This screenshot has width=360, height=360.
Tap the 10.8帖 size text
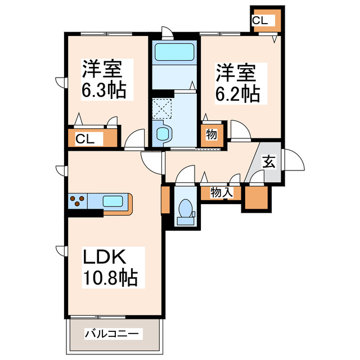click(x=111, y=278)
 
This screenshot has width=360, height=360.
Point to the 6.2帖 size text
click(x=237, y=93)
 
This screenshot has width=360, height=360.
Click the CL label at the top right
click(x=260, y=21)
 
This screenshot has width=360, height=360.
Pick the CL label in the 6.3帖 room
click(x=86, y=138)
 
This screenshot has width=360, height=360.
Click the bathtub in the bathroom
click(x=173, y=52)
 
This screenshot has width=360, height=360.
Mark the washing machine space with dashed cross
click(x=162, y=107)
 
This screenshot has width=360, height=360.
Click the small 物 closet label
click(x=211, y=135)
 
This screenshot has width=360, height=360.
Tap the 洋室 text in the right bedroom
click(x=236, y=73)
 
